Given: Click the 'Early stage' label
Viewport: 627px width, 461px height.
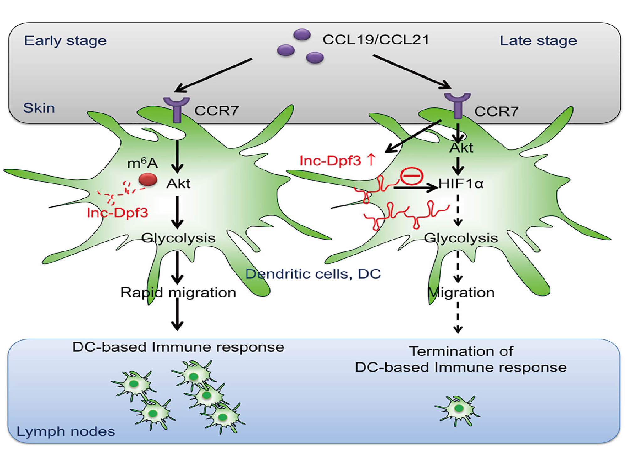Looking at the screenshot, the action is [65, 41].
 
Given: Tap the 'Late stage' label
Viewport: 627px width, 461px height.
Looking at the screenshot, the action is [538, 41].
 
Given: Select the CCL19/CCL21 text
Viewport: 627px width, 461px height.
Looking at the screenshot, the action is [375, 40].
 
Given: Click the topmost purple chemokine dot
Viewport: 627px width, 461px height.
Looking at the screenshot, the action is [302, 34].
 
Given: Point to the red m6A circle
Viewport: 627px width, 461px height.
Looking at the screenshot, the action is [148, 180].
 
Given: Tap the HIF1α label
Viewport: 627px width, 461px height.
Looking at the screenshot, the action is [461, 183].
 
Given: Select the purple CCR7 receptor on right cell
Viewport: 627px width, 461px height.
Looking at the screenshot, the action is [458, 105].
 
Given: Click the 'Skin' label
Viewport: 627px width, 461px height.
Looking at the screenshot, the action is [39, 108].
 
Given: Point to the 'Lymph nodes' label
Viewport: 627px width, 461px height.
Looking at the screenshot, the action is [66, 431].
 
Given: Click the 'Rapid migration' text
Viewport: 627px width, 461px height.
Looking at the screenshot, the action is [178, 293].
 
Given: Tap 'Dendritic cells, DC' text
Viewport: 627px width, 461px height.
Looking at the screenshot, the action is [313, 274].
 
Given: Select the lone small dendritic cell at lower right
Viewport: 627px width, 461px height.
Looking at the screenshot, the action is [458, 409].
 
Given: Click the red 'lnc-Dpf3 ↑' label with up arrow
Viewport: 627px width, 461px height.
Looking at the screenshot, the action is [337, 160].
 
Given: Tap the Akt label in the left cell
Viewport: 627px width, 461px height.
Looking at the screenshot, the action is [178, 183].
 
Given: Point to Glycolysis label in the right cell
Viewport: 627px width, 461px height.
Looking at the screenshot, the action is [461, 238].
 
